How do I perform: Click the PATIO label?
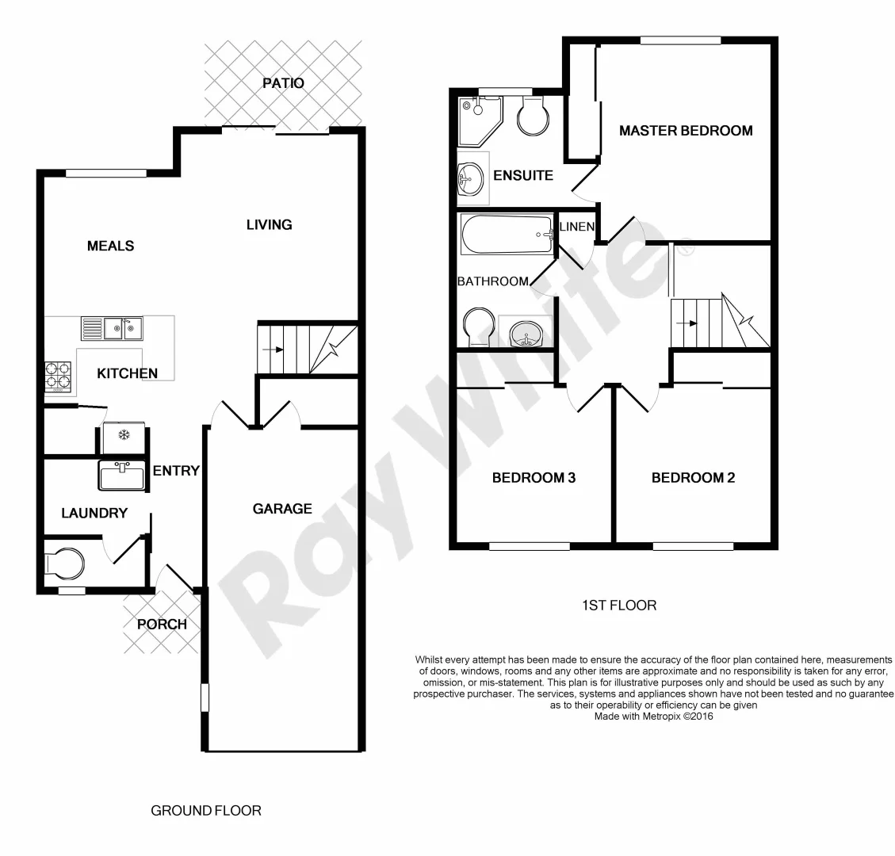coord(284,83)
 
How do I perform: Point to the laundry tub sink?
coord(122,476)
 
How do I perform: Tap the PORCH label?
coord(162,624)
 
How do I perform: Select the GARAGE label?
coord(282,509)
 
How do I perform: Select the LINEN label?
coord(577,227)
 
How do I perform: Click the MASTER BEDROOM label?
coord(686,131)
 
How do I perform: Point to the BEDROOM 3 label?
coord(534,478)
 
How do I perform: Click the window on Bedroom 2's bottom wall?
coord(694,545)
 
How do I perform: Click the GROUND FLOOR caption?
coord(205,811)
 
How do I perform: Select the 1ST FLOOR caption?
coord(619,606)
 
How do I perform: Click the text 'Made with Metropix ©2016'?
coord(654,715)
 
